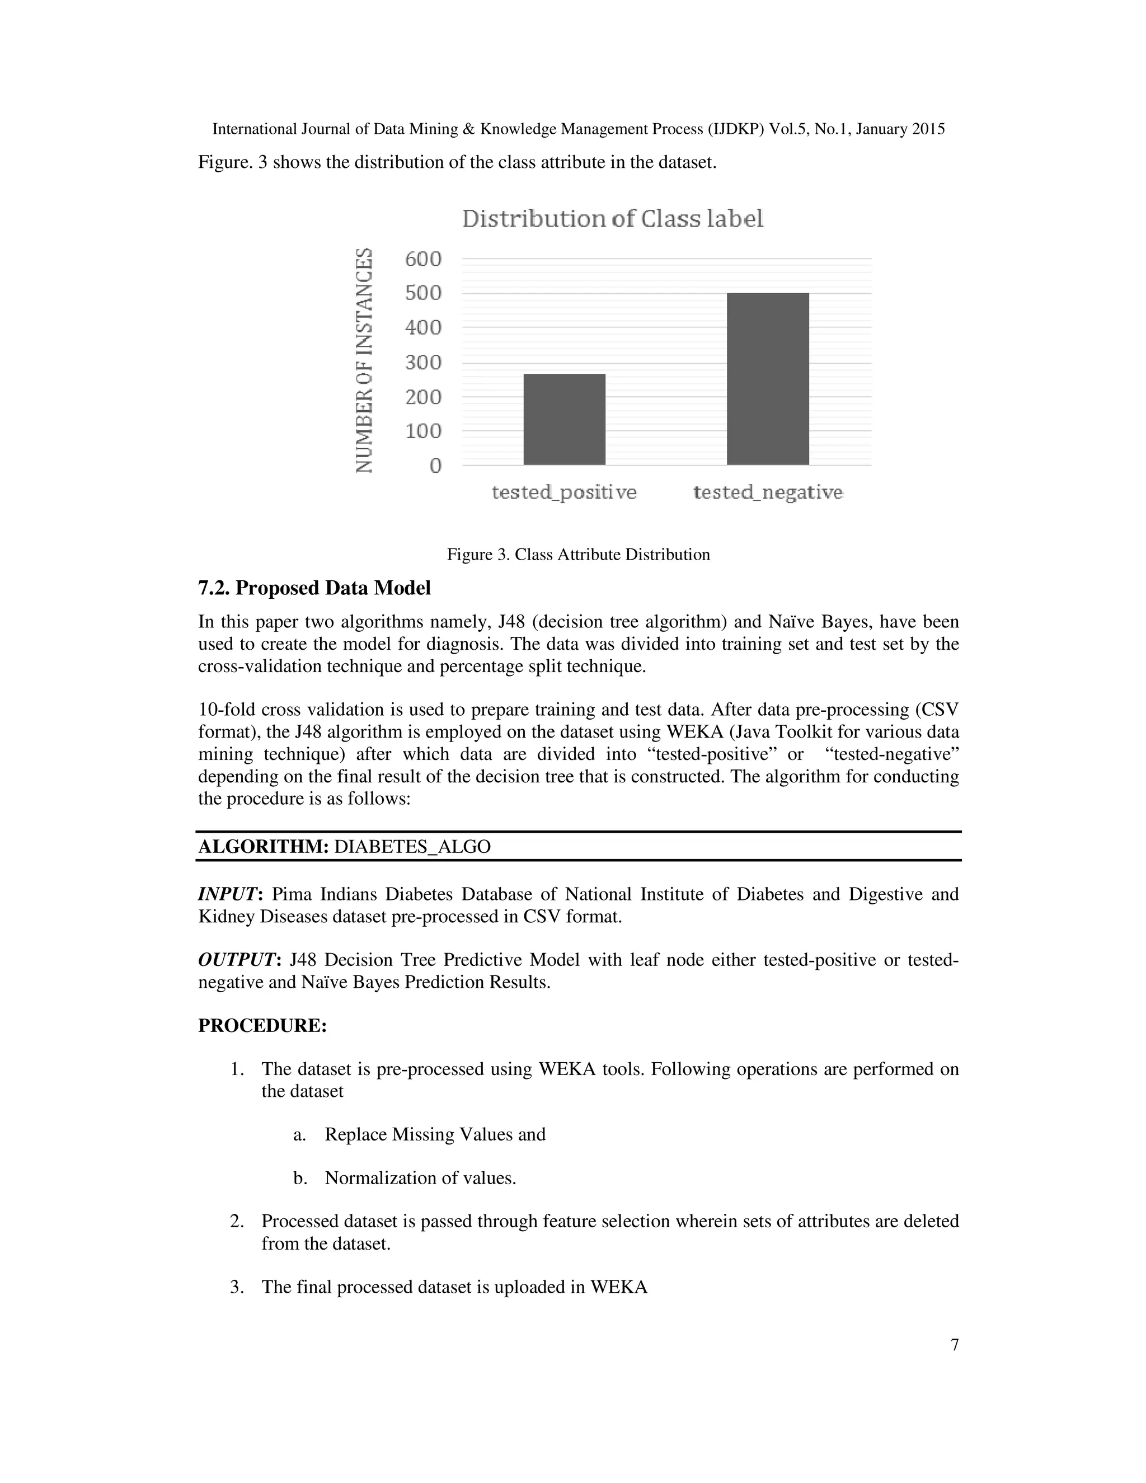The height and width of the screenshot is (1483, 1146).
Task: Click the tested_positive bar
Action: [x=564, y=419]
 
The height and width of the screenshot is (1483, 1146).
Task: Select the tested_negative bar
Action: [x=767, y=379]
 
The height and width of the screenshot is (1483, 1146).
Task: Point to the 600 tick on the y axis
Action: [x=423, y=259]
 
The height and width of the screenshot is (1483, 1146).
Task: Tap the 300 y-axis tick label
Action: [x=423, y=362]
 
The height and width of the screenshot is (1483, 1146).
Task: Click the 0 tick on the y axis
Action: [x=434, y=466]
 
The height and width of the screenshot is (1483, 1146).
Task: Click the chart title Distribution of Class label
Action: [x=612, y=219]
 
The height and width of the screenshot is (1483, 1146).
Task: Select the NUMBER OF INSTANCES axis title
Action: [x=365, y=360]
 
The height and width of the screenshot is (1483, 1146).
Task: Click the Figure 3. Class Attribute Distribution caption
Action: [x=577, y=555]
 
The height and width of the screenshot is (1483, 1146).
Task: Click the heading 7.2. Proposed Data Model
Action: [x=314, y=588]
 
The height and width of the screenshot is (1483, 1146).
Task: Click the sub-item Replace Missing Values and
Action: [x=434, y=1135]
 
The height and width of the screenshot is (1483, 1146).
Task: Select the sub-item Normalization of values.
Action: [x=420, y=1178]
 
